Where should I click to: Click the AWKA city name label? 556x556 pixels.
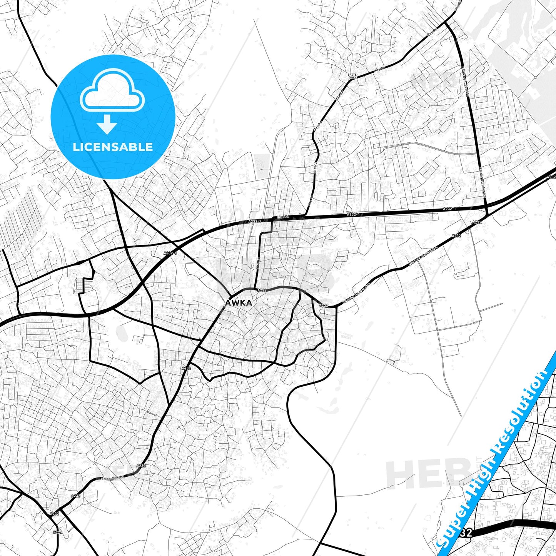tap(239, 303)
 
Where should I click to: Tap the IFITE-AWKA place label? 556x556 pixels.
tap(353, 76)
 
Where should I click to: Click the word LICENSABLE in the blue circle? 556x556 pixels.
tap(113, 147)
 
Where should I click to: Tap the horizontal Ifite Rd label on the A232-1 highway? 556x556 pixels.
tap(283, 217)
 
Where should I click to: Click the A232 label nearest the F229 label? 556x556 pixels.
tap(55, 513)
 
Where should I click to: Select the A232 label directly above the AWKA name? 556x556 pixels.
tap(262, 290)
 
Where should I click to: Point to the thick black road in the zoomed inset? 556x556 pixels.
tap(512, 526)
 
